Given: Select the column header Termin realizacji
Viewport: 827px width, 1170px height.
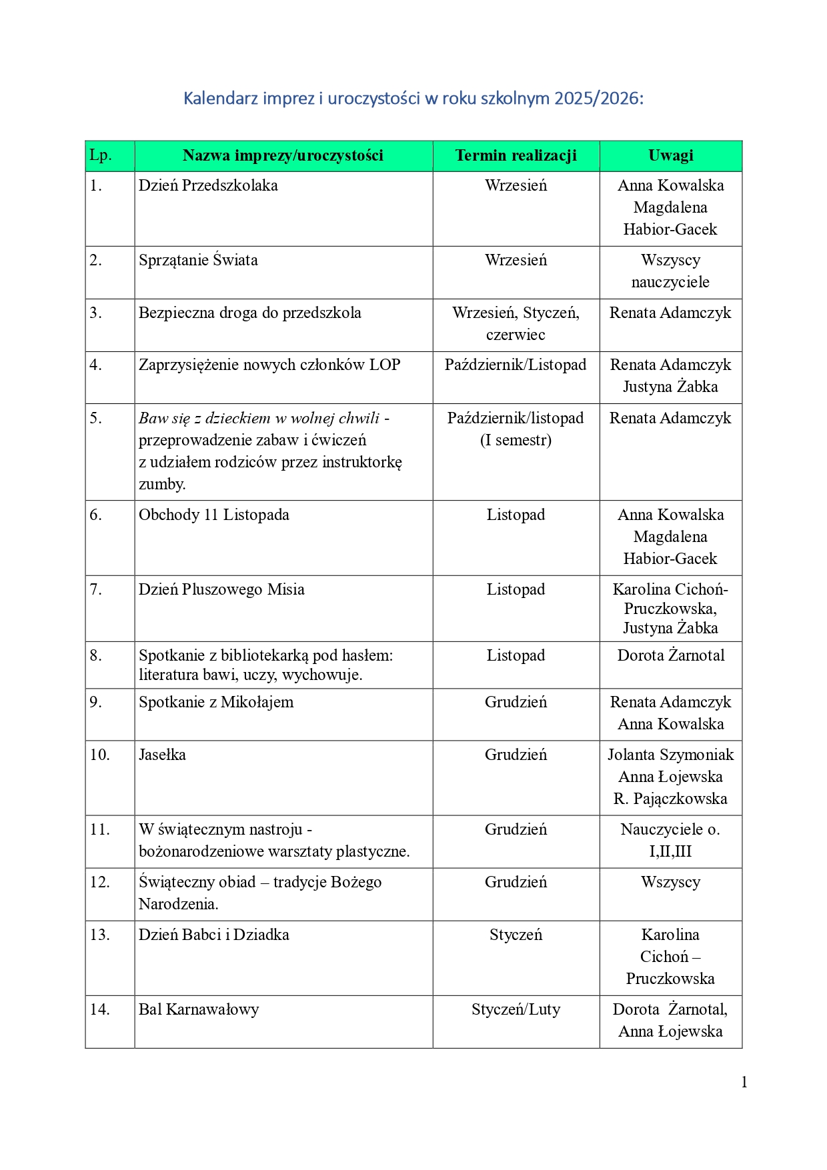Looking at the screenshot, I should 516,156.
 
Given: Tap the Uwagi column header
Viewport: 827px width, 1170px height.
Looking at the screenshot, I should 670,156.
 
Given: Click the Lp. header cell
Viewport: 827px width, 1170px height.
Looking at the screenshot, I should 101,156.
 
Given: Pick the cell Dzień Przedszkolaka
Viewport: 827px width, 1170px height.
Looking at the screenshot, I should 208,185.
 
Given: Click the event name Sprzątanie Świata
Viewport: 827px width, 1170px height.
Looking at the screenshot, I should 198,260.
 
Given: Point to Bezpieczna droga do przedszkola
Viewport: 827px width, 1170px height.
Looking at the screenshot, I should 249,313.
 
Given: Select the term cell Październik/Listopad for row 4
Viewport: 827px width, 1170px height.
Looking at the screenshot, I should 516,365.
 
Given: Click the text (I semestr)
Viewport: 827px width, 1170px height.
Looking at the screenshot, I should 516,440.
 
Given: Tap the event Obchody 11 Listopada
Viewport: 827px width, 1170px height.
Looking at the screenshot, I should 213,515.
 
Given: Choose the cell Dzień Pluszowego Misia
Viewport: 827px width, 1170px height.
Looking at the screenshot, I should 221,589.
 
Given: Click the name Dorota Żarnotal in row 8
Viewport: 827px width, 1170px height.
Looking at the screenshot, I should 670,655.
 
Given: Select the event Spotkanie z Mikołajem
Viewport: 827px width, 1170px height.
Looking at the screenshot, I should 215,702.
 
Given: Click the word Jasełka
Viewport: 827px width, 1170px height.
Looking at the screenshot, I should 162,755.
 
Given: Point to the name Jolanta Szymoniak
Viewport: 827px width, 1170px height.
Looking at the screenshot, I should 670,755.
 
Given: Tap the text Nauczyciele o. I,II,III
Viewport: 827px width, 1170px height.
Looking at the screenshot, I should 670,840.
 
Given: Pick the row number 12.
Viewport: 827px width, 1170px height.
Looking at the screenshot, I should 99,882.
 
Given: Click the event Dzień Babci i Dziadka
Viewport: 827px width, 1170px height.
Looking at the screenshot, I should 213,935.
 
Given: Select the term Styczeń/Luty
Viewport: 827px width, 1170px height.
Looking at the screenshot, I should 516,1009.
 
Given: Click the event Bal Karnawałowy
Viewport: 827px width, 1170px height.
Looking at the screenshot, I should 198,1009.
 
